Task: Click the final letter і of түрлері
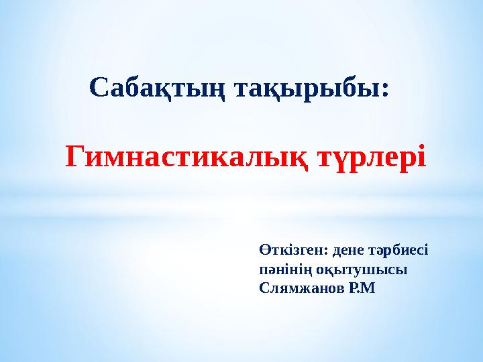tap(421, 158)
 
